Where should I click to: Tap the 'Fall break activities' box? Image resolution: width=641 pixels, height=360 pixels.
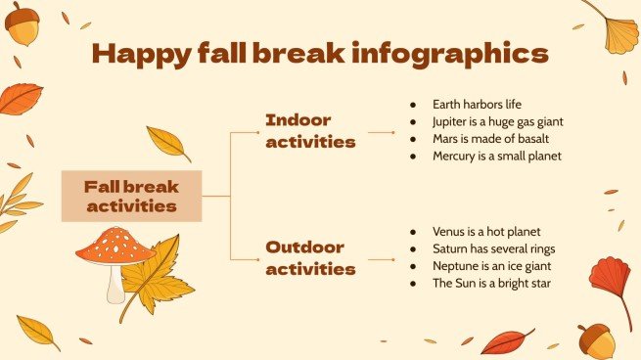[131, 196]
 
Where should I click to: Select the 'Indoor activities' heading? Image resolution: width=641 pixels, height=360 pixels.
[310, 130]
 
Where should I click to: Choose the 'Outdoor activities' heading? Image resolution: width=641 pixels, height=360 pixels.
[310, 257]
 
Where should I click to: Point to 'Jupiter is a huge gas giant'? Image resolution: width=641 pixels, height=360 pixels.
[498, 122]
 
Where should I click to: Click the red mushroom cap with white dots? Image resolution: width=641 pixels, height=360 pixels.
[115, 245]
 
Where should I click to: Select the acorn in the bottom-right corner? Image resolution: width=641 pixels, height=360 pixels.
[596, 340]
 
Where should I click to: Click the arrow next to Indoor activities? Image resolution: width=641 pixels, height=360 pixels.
[381, 131]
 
